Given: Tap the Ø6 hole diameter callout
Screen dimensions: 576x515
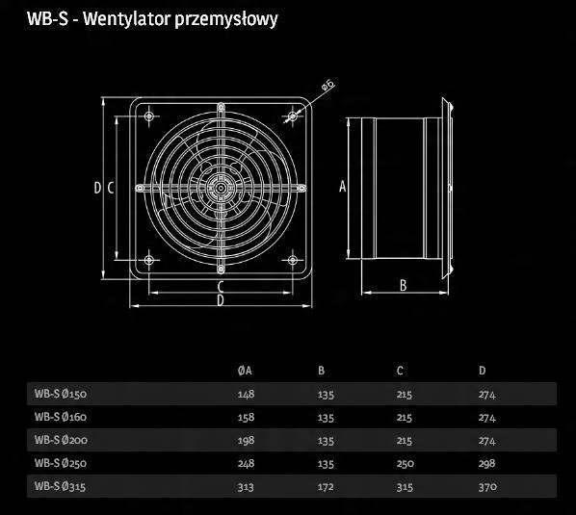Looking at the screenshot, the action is coord(328,85).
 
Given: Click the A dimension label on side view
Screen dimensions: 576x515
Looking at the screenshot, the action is coord(342,187).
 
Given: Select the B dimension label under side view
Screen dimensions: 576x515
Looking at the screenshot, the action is coord(403,285).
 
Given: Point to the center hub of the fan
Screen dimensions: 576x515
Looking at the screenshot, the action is coord(221,188).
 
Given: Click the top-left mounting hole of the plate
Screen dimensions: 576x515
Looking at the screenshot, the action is coord(148,116).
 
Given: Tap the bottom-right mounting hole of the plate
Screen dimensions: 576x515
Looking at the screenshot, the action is coord(293,260).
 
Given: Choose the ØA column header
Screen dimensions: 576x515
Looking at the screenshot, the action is coord(245,371).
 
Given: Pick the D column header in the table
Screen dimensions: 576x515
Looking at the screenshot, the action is coord(483,371).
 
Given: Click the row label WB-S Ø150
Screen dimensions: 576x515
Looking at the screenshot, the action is coord(61,394).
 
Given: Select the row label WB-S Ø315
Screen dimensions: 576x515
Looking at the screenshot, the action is coord(61,486).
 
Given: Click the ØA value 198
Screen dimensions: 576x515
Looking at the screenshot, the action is coord(246,440).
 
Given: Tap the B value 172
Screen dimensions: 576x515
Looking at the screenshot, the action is coord(326,487).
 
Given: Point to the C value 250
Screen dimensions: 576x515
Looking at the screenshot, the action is coord(406,464).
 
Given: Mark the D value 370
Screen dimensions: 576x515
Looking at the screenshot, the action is coord(487,487).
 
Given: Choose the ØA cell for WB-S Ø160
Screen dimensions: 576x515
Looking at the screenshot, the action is coord(246,418).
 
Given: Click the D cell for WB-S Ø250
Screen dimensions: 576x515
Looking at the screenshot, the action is coord(486,464).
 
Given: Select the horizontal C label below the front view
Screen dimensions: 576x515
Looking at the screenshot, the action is coord(221,286).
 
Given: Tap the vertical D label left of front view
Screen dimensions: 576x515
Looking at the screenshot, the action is coord(97,188).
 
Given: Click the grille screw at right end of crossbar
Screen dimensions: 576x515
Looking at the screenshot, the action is coord(301,189).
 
